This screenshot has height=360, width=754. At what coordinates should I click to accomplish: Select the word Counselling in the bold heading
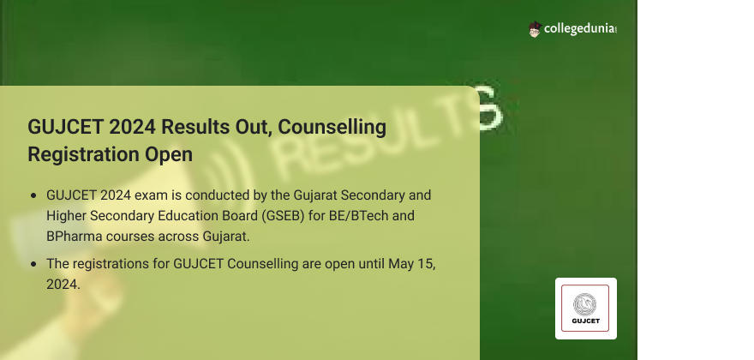(332, 127)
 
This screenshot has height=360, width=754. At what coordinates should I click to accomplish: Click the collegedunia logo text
(580, 29)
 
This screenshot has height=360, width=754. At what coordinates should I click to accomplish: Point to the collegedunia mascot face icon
(535, 29)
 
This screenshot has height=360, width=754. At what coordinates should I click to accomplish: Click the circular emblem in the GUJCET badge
(584, 304)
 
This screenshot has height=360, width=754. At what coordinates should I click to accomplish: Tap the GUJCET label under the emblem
(586, 321)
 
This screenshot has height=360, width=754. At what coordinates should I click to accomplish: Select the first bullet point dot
(33, 196)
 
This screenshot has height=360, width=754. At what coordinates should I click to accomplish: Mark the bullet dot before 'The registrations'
(33, 264)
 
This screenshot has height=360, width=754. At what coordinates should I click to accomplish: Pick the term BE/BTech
(358, 216)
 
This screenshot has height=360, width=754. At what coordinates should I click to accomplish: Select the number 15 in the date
(425, 264)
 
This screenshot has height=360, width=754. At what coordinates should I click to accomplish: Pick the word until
(371, 264)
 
